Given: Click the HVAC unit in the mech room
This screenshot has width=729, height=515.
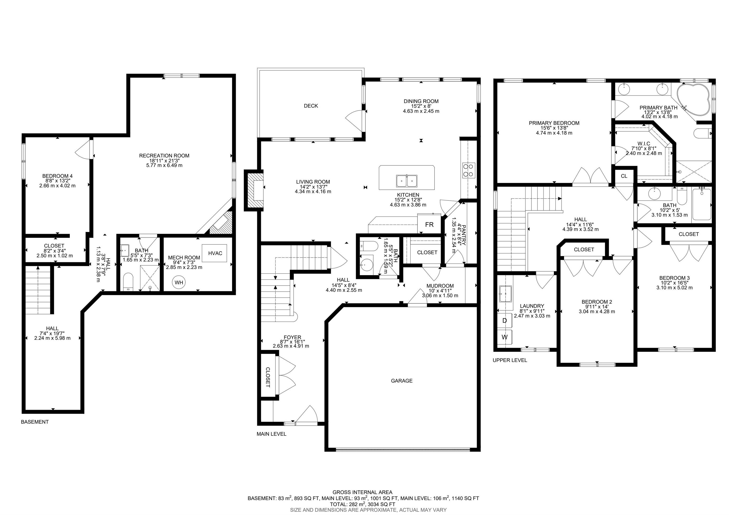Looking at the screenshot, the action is pyautogui.click(x=215, y=253).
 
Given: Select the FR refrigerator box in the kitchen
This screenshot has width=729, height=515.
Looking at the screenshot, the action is pyautogui.click(x=429, y=224).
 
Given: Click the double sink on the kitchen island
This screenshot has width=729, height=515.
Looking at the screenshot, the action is pyautogui.click(x=407, y=181).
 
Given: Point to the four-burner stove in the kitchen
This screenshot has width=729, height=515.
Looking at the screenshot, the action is pyautogui.click(x=469, y=170).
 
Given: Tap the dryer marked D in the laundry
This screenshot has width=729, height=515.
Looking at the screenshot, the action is pyautogui.click(x=505, y=320).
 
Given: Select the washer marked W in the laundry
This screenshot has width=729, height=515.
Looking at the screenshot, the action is pyautogui.click(x=505, y=337).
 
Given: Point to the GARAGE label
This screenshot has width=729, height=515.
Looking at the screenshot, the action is pyautogui.click(x=402, y=381).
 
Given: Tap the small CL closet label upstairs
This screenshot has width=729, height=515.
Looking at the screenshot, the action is pyautogui.click(x=624, y=176).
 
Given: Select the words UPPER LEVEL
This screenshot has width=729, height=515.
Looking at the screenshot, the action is pyautogui.click(x=509, y=360).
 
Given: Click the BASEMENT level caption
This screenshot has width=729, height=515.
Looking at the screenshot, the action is pyautogui.click(x=35, y=422).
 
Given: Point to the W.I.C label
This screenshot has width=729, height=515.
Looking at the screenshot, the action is pyautogui.click(x=644, y=144).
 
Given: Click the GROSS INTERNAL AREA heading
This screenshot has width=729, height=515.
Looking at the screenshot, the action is pyautogui.click(x=362, y=492).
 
